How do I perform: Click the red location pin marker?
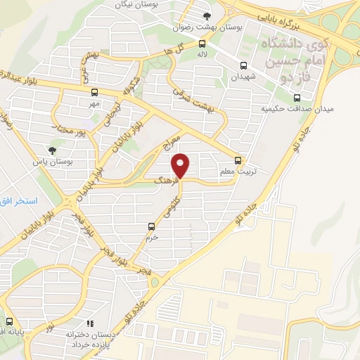tap(181, 166)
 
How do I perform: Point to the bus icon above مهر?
tap(94, 93)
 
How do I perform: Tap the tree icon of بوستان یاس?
tap(52, 150)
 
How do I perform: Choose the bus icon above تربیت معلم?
tap(238, 160)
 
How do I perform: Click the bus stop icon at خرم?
tap(151, 226)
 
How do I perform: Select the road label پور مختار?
tap(75, 130)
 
